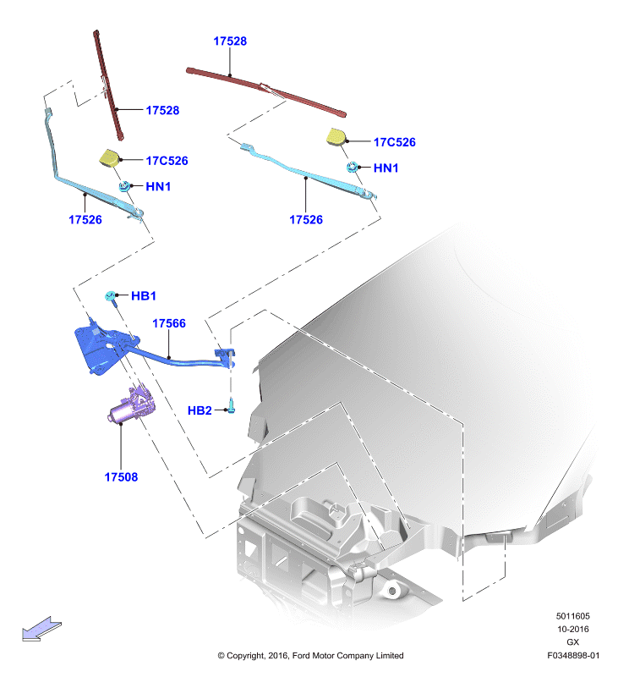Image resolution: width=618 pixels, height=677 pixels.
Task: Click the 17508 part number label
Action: pyautogui.click(x=121, y=477)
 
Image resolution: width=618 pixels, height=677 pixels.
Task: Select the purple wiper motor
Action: pyautogui.click(x=131, y=406)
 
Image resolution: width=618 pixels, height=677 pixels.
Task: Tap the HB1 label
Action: pyautogui.click(x=144, y=295)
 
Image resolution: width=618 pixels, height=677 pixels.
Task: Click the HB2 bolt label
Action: pyautogui.click(x=200, y=410)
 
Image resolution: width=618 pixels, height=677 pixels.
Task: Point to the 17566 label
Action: pyautogui.click(x=169, y=323)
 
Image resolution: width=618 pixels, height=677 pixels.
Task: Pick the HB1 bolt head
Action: pyautogui.click(x=110, y=295)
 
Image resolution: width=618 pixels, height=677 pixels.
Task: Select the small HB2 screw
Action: pyautogui.click(x=232, y=406)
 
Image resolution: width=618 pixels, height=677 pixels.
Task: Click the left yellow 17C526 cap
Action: pyautogui.click(x=110, y=157)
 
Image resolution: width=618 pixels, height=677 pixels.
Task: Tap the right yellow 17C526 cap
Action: pyautogui.click(x=336, y=136)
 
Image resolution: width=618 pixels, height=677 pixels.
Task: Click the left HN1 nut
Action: pyautogui.click(x=124, y=186)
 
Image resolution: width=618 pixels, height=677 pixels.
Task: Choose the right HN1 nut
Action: pyautogui.click(x=353, y=167)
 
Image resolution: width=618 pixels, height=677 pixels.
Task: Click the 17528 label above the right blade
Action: pyautogui.click(x=230, y=41)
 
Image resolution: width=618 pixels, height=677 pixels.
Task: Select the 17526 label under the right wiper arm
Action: pyautogui.click(x=306, y=220)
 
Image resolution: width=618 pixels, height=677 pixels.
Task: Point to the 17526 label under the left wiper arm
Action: pyautogui.click(x=85, y=220)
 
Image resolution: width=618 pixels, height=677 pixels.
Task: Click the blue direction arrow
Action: pyautogui.click(x=41, y=629)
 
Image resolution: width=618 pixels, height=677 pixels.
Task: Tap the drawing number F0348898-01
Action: pyautogui.click(x=573, y=655)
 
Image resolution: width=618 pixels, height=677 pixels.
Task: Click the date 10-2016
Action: pyautogui.click(x=572, y=629)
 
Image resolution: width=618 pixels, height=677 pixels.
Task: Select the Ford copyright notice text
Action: pyautogui.click(x=310, y=655)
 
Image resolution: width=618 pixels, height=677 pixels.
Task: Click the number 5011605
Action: pyautogui.click(x=572, y=616)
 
